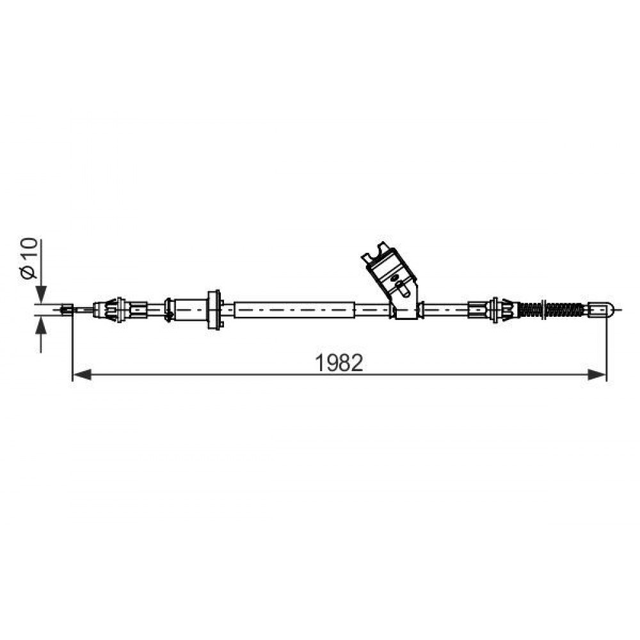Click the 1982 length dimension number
[x=339, y=362]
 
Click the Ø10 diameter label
[x=29, y=259]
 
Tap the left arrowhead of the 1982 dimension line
[x=82, y=374]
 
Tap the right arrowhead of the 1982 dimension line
[x=596, y=374]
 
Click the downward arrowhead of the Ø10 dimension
[x=41, y=294]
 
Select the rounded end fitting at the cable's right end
[x=600, y=309]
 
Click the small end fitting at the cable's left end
[x=67, y=309]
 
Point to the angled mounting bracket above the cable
[x=392, y=280]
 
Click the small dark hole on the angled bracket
[x=394, y=278]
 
